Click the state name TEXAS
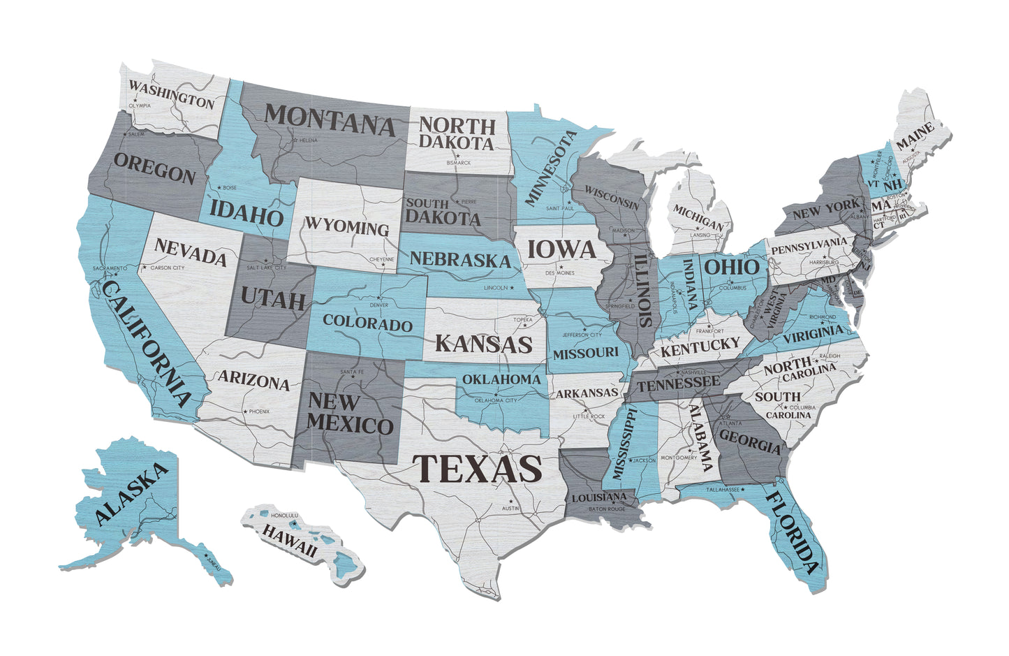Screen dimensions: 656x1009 click(x=477, y=467)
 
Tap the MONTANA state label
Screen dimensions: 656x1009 click(x=330, y=119)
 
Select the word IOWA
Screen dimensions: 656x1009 click(x=561, y=249)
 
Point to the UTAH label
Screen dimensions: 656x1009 click(x=273, y=298)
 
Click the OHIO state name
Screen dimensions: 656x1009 click(x=730, y=267)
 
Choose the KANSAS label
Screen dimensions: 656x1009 click(x=484, y=344)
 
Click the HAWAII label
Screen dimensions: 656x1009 click(x=289, y=539)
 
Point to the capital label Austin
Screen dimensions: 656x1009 click(x=510, y=509)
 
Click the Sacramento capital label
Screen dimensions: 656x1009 click(x=111, y=268)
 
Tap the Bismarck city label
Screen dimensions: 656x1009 click(x=459, y=163)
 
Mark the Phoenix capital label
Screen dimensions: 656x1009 click(x=258, y=411)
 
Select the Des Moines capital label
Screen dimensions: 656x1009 click(x=560, y=272)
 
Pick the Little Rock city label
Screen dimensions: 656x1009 click(x=589, y=416)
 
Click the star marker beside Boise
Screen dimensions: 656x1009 click(x=219, y=187)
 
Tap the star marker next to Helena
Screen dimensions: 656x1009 click(x=295, y=140)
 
